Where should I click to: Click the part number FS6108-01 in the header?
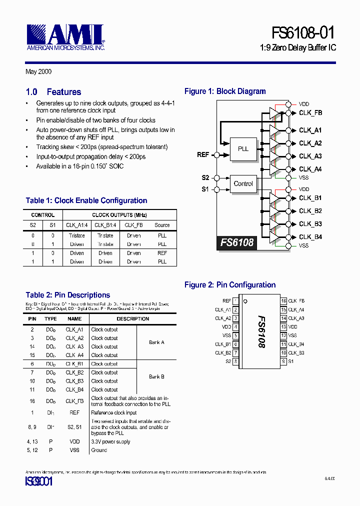pos(303,33)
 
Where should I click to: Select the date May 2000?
pos(38,72)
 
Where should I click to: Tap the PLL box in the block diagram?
pos(243,149)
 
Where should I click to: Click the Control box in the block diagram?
pos(243,183)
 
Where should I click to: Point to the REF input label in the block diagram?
pos(203,154)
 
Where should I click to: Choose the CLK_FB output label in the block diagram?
pos(310,113)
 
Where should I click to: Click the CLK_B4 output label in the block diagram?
pos(310,237)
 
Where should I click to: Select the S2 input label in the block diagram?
pos(205,177)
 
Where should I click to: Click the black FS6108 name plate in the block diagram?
pos(237,243)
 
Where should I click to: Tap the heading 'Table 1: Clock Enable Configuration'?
pos(86,200)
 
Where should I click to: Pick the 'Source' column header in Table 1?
pos(162,225)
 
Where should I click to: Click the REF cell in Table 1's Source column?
pos(162,253)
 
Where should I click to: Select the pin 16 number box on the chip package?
pos(283,301)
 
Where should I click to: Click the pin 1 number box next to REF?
pos(235,301)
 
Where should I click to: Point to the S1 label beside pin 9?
pos(291,361)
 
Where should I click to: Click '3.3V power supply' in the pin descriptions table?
pos(110,442)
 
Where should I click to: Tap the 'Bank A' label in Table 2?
pos(156,342)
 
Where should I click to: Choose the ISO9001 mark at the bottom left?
pos(38,482)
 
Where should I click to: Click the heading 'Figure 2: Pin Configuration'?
pos(230,285)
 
